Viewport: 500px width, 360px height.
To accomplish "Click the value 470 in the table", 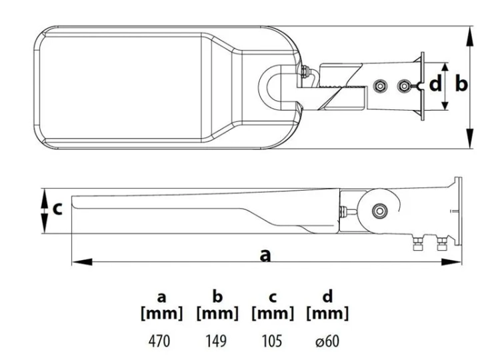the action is (x=159, y=341).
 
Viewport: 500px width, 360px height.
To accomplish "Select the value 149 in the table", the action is (x=216, y=341).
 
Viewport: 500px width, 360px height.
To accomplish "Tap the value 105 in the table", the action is (x=272, y=341).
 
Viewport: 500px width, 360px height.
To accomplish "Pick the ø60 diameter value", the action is (x=327, y=341).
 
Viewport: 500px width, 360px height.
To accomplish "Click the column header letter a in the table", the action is (x=162, y=297).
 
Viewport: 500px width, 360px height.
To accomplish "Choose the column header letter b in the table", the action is (x=217, y=295).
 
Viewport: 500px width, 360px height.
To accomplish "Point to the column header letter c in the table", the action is (x=272, y=297).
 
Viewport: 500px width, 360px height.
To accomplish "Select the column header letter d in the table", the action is (x=327, y=295).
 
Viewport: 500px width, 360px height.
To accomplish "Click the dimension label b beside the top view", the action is (x=461, y=84).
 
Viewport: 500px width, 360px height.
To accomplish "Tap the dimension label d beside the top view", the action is (x=435, y=84).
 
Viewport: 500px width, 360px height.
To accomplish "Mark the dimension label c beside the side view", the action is (x=57, y=209).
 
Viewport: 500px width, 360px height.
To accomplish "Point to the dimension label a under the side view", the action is (x=265, y=255).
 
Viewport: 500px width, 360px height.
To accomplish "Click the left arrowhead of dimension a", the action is (x=82, y=262).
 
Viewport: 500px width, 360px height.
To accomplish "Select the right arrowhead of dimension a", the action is (x=451, y=262).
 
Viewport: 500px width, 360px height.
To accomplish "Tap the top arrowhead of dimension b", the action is (x=470, y=37).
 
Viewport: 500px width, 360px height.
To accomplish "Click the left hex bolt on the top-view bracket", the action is (x=380, y=86).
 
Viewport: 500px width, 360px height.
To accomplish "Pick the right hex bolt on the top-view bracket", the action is (x=405, y=86).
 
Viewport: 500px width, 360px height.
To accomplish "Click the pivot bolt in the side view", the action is (x=380, y=211).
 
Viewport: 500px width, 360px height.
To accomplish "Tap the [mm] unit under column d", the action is (x=327, y=314).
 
